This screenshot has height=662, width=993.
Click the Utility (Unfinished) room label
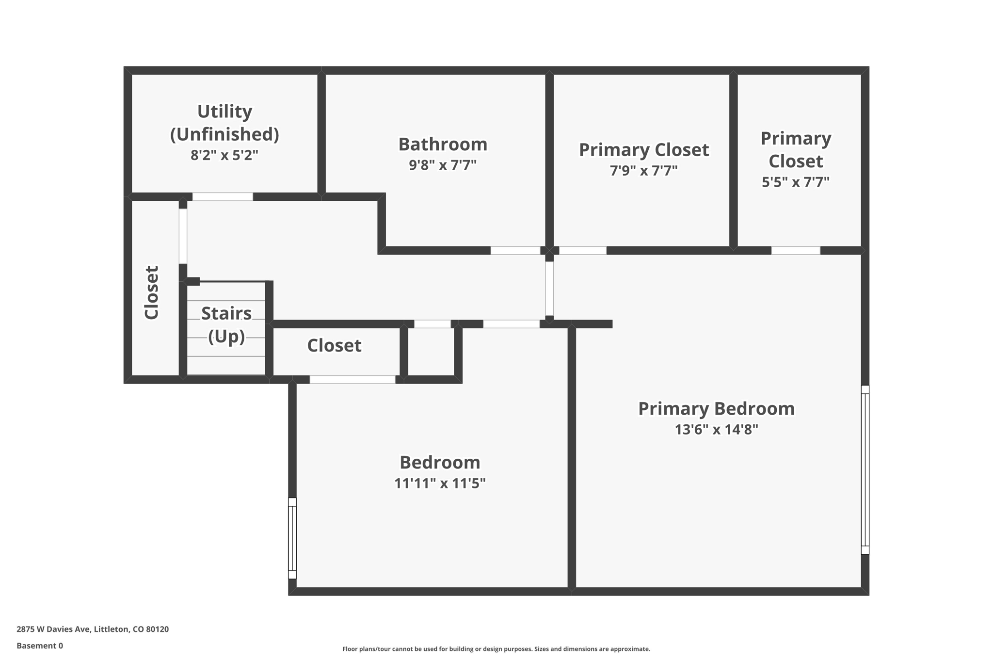coord(224,123)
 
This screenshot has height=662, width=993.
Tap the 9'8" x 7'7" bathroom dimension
coord(442,165)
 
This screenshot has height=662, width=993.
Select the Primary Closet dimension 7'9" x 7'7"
coord(643,171)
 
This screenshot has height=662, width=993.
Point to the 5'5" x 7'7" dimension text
coord(795,182)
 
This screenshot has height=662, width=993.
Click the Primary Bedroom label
coord(716,409)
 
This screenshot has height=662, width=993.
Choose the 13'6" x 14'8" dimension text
coord(716,430)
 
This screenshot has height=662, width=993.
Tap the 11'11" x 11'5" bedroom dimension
coord(440,484)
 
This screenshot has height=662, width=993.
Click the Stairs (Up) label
coord(226,324)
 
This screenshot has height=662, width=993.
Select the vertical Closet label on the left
coord(152,292)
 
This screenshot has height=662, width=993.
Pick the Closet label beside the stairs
coord(334,346)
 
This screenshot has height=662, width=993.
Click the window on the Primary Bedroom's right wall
coord(865,469)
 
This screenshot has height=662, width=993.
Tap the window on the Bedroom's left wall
coord(292,538)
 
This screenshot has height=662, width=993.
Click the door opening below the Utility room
coord(223,197)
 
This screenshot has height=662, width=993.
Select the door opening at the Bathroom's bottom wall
coord(515,251)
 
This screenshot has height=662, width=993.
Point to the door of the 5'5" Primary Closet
coord(795,251)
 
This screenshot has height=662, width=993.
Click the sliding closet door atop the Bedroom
coord(352,380)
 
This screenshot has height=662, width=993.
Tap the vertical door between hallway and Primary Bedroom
coord(549,289)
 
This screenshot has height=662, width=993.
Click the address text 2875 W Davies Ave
coord(92,630)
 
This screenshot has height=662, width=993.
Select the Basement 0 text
coord(40,646)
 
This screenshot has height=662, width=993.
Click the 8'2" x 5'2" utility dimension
coord(224,155)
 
